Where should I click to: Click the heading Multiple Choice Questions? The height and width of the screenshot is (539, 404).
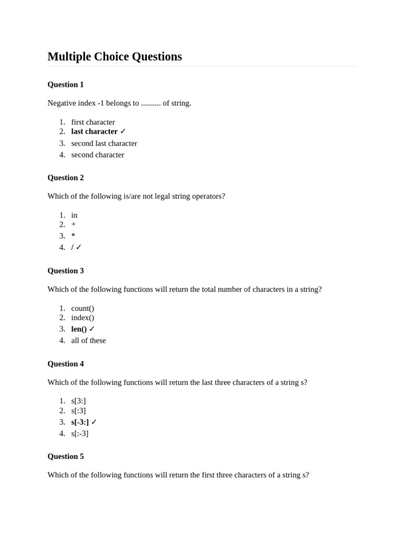pos(115,56)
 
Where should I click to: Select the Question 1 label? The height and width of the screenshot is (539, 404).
pos(65,84)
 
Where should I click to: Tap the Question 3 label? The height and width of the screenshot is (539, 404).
pos(65,271)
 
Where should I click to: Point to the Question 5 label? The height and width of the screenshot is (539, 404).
pos(65,456)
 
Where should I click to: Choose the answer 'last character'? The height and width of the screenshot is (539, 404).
pos(94,132)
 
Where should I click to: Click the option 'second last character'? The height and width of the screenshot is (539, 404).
pos(104,143)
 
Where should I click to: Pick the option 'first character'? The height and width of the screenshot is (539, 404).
pos(93,122)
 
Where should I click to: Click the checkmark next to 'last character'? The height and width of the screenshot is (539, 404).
pos(123,132)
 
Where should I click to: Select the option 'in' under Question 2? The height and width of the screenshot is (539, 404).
pos(74,215)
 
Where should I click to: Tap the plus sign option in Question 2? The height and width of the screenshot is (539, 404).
pos(74,224)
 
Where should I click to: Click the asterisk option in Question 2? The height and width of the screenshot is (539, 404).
pos(74,236)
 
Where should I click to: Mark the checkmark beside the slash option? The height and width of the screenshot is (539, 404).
pos(79,247)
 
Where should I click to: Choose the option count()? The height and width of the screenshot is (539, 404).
pos(83,308)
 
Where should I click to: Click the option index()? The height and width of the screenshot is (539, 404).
pos(83,317)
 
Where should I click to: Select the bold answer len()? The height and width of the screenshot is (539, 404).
pos(79,329)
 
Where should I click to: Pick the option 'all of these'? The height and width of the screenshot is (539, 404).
pos(88,341)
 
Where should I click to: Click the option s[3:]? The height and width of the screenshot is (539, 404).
pos(78,401)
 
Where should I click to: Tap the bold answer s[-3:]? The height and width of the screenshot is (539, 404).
pos(80,422)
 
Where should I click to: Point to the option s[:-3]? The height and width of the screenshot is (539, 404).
pos(80,434)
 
